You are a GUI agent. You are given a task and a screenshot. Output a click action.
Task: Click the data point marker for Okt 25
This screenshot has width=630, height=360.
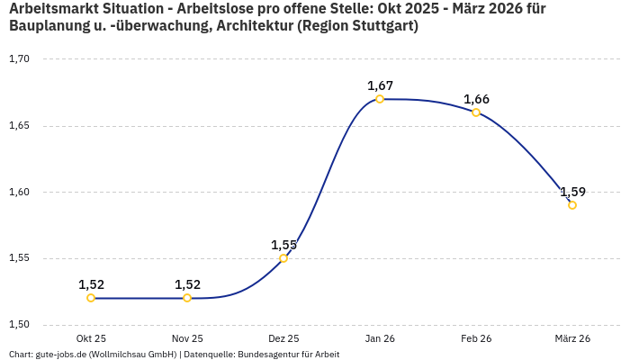tap(91, 298)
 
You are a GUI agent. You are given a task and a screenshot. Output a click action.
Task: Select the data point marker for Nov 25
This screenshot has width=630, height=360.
tap(187, 298)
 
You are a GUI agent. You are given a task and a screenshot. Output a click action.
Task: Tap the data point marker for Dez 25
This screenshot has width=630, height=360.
tap(283, 258)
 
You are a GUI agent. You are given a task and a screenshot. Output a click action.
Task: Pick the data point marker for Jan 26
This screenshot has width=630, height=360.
tap(380, 99)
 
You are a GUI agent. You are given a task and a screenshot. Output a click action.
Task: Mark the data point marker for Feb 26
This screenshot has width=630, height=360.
tap(476, 112)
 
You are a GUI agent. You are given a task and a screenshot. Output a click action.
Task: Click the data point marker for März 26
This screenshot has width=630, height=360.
tap(572, 205)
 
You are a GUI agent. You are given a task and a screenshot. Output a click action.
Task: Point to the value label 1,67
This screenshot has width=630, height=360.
tap(380, 85)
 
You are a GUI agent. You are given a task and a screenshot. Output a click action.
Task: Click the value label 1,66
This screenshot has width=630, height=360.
tap(476, 99)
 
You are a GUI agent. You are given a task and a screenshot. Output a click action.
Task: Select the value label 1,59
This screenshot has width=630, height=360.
tap(572, 192)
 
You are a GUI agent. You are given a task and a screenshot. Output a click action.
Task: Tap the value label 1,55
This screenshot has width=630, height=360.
tap(283, 245)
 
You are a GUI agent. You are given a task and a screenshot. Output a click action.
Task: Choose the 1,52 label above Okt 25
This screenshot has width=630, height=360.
tap(91, 284)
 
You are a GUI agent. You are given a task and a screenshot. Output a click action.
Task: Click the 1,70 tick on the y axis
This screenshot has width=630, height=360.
tap(19, 59)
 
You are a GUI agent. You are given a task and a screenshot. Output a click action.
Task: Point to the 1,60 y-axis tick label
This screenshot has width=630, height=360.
tap(19, 192)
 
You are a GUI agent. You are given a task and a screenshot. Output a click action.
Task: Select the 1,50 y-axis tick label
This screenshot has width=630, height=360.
tap(19, 325)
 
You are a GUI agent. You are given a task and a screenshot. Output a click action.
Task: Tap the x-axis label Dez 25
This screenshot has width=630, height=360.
tap(283, 338)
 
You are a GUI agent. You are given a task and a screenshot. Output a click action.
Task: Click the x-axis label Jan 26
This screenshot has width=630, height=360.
tap(380, 338)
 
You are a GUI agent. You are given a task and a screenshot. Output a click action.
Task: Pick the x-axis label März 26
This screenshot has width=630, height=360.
tap(572, 338)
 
